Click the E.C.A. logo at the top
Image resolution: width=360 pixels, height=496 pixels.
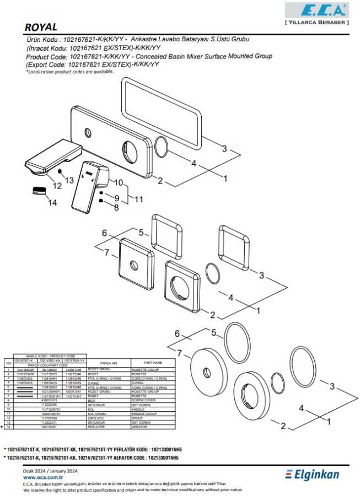coord(316,10)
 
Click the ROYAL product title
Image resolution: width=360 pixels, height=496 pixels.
coord(41,27)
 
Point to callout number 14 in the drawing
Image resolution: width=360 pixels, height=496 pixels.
coord(52,203)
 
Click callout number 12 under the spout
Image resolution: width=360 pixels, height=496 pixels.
coord(57,185)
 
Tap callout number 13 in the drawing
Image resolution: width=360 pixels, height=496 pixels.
coord(69,180)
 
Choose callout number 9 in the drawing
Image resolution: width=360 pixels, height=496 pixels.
coord(116,198)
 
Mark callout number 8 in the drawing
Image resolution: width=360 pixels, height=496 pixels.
coord(116,208)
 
